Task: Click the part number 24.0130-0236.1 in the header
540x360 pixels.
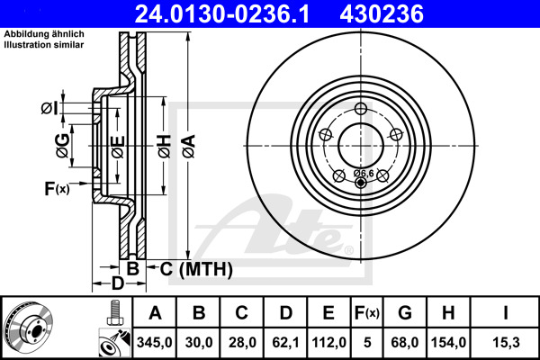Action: [222, 13]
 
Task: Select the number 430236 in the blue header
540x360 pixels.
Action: [382, 13]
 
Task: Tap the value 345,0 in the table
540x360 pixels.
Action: [154, 342]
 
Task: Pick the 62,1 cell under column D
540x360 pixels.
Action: [285, 342]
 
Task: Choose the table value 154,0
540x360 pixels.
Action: [448, 342]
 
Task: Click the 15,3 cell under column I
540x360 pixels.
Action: [506, 342]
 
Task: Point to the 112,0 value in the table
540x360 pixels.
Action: [328, 342]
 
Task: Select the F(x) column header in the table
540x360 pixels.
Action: [367, 313]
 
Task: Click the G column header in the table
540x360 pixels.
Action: [405, 313]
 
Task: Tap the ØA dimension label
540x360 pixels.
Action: [189, 147]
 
